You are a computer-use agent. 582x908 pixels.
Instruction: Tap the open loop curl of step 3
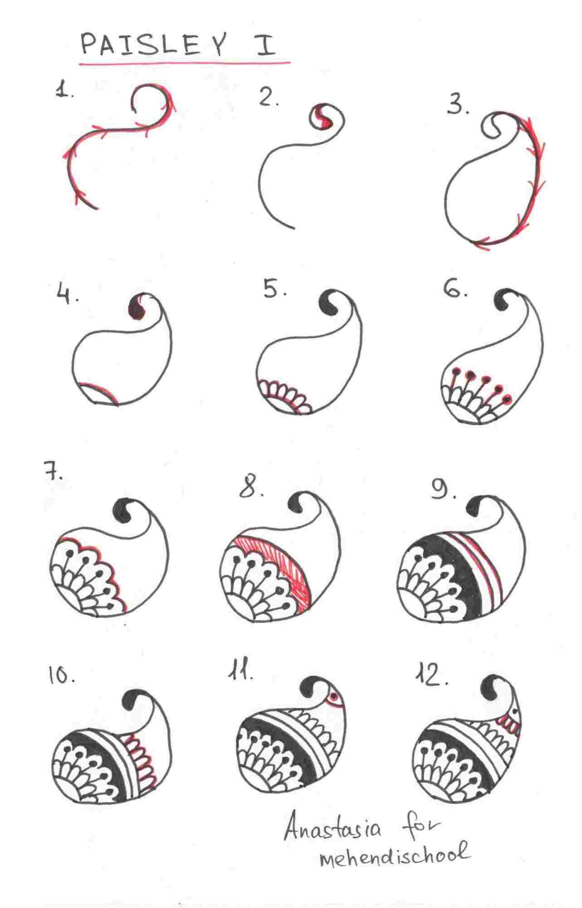tap(490, 126)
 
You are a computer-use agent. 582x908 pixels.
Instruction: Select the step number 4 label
tap(68, 296)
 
